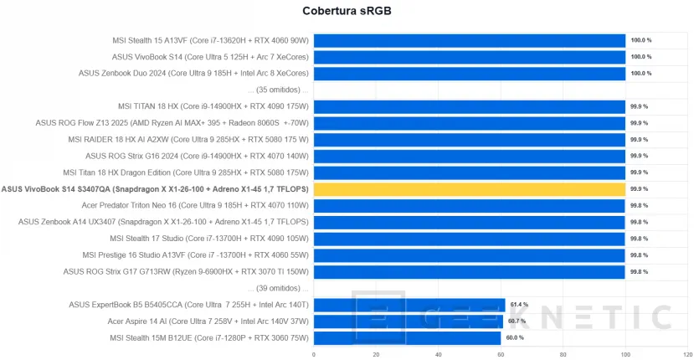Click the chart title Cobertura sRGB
[346, 11]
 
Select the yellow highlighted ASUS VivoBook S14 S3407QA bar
[469, 189]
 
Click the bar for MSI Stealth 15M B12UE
[407, 337]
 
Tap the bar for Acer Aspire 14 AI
[409, 321]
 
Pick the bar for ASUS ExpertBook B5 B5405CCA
[409, 305]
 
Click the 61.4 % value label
[520, 305]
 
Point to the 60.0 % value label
[514, 337]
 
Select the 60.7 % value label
[517, 321]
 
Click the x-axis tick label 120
[686, 353]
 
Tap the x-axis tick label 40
[438, 353]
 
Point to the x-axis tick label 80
[563, 353]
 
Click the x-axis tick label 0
[314, 353]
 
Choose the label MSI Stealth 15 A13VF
[210, 40]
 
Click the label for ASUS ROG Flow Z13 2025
[172, 123]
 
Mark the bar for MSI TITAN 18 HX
[469, 106]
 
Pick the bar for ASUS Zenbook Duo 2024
[469, 73]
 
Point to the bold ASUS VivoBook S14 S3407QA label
[156, 189]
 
